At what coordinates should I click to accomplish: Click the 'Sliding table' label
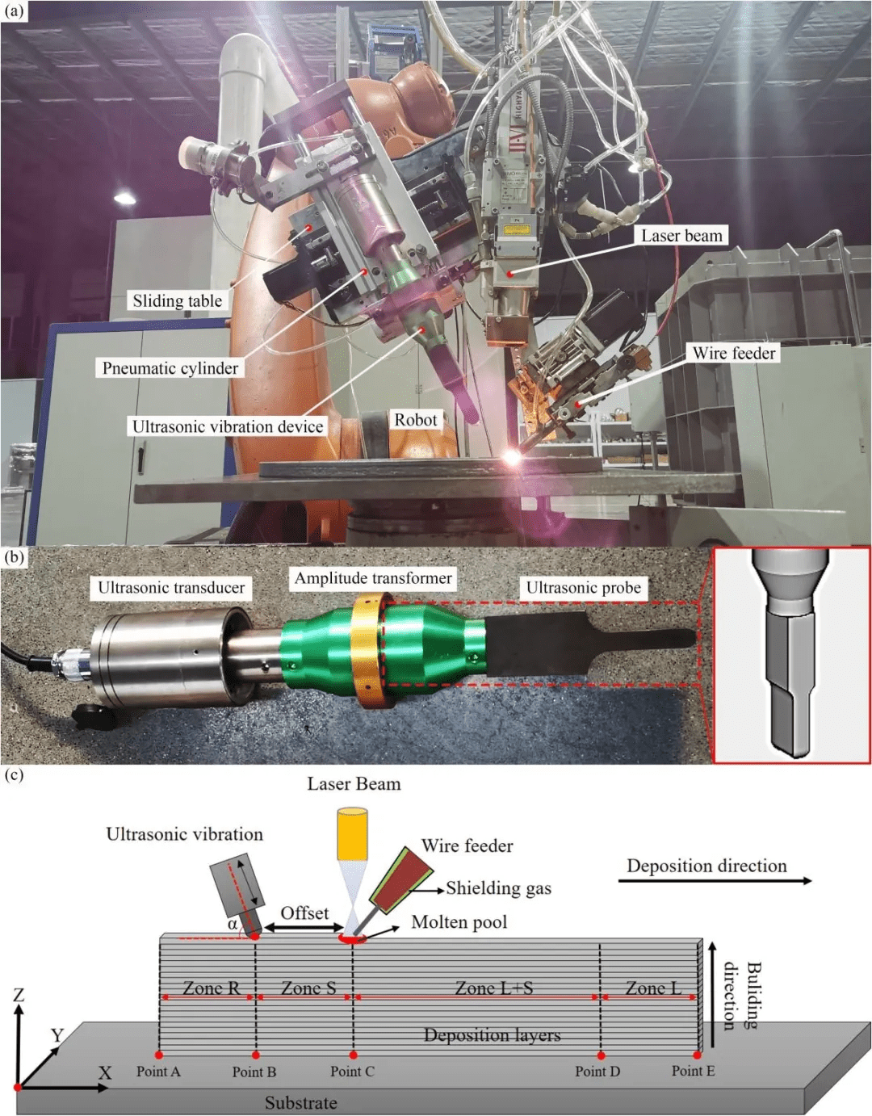click(x=178, y=300)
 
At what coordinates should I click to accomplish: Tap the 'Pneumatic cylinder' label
click(x=170, y=367)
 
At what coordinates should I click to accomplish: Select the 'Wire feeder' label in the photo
click(x=734, y=353)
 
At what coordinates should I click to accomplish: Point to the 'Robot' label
click(x=415, y=420)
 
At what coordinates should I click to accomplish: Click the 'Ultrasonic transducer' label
click(x=171, y=588)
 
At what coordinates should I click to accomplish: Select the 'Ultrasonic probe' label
click(x=584, y=588)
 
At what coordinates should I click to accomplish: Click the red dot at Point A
click(x=159, y=1055)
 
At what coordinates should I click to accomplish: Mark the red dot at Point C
click(x=353, y=1055)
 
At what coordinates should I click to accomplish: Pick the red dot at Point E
click(x=697, y=1055)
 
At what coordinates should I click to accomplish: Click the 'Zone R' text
click(x=212, y=988)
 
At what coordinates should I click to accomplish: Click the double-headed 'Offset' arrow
click(x=305, y=927)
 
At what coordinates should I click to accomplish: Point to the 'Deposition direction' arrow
click(x=715, y=881)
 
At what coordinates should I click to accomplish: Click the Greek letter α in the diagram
click(x=233, y=924)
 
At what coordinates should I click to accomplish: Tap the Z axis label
click(x=19, y=995)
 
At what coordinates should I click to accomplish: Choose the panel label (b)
click(x=14, y=558)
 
